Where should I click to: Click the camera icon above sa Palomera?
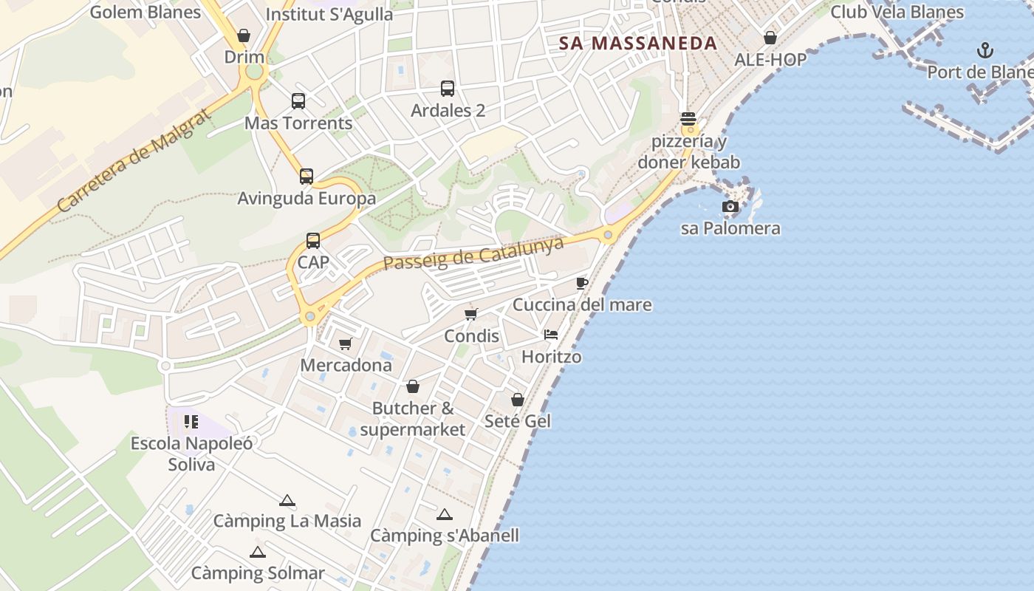pyautogui.click(x=730, y=207)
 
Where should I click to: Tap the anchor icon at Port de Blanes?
pyautogui.click(x=985, y=50)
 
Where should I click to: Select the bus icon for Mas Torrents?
pyautogui.click(x=298, y=101)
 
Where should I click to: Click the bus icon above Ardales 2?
pyautogui.click(x=448, y=89)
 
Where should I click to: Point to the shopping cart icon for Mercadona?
pyautogui.click(x=345, y=344)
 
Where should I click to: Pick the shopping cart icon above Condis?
pyautogui.click(x=471, y=315)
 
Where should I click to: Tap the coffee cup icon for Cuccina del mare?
pyautogui.click(x=581, y=283)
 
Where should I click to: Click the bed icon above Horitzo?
pyautogui.click(x=551, y=335)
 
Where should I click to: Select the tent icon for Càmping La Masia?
pyautogui.click(x=287, y=500)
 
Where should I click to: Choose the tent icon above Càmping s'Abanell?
pyautogui.click(x=444, y=514)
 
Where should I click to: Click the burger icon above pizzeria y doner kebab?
pyautogui.click(x=688, y=119)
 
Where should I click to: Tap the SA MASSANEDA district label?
pyautogui.click(x=638, y=43)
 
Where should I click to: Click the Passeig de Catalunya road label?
pyautogui.click(x=473, y=253)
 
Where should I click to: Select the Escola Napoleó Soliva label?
pyautogui.click(x=191, y=454)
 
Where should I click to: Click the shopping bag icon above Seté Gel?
pyautogui.click(x=518, y=400)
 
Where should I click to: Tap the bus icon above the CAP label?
pyautogui.click(x=313, y=241)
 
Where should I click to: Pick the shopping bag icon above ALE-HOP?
pyautogui.click(x=770, y=38)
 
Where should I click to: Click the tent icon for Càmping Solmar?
pyautogui.click(x=257, y=552)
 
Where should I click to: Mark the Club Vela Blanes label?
pyautogui.click(x=897, y=12)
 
